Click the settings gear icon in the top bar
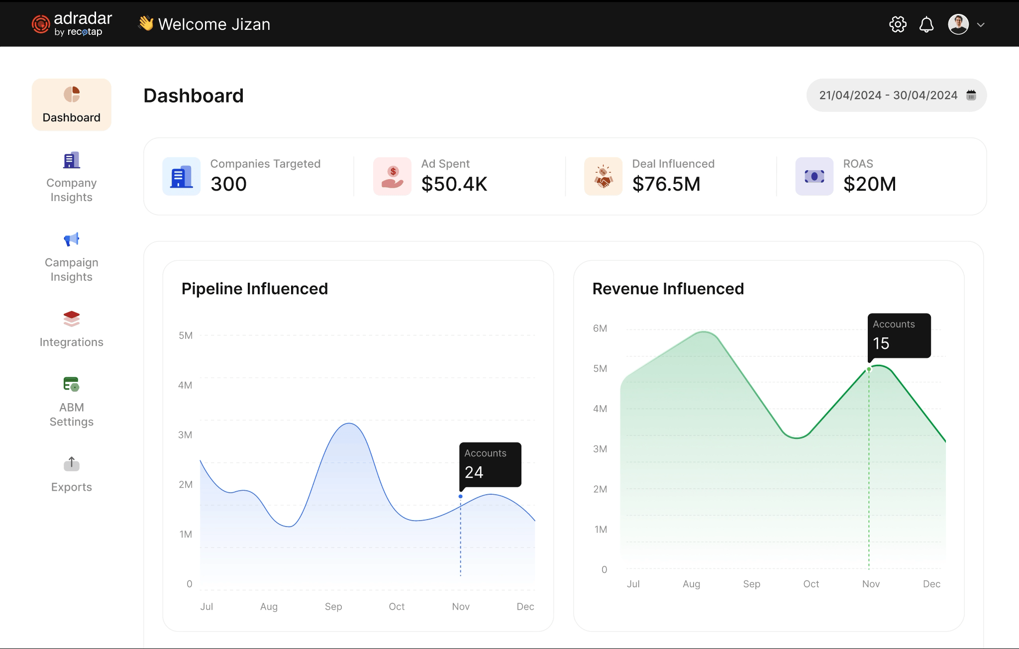[x=898, y=24]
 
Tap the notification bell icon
[x=926, y=24]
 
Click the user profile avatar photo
[x=958, y=24]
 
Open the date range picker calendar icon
[x=971, y=95]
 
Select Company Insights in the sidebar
[x=71, y=177]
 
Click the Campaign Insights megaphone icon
[x=71, y=239]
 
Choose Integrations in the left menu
[x=71, y=329]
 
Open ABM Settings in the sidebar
[x=71, y=401]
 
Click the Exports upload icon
[x=71, y=464]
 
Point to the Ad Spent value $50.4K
[x=454, y=184]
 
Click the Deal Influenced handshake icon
[x=603, y=176]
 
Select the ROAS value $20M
[x=869, y=184]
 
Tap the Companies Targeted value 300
[x=228, y=184]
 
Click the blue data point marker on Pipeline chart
[x=460, y=496]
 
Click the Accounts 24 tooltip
[x=490, y=464]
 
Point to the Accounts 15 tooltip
[x=899, y=335]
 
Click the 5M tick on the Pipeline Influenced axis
[x=185, y=335]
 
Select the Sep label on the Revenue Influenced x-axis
[x=751, y=584]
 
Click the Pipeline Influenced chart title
[x=254, y=289]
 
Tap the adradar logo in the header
[x=72, y=24]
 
